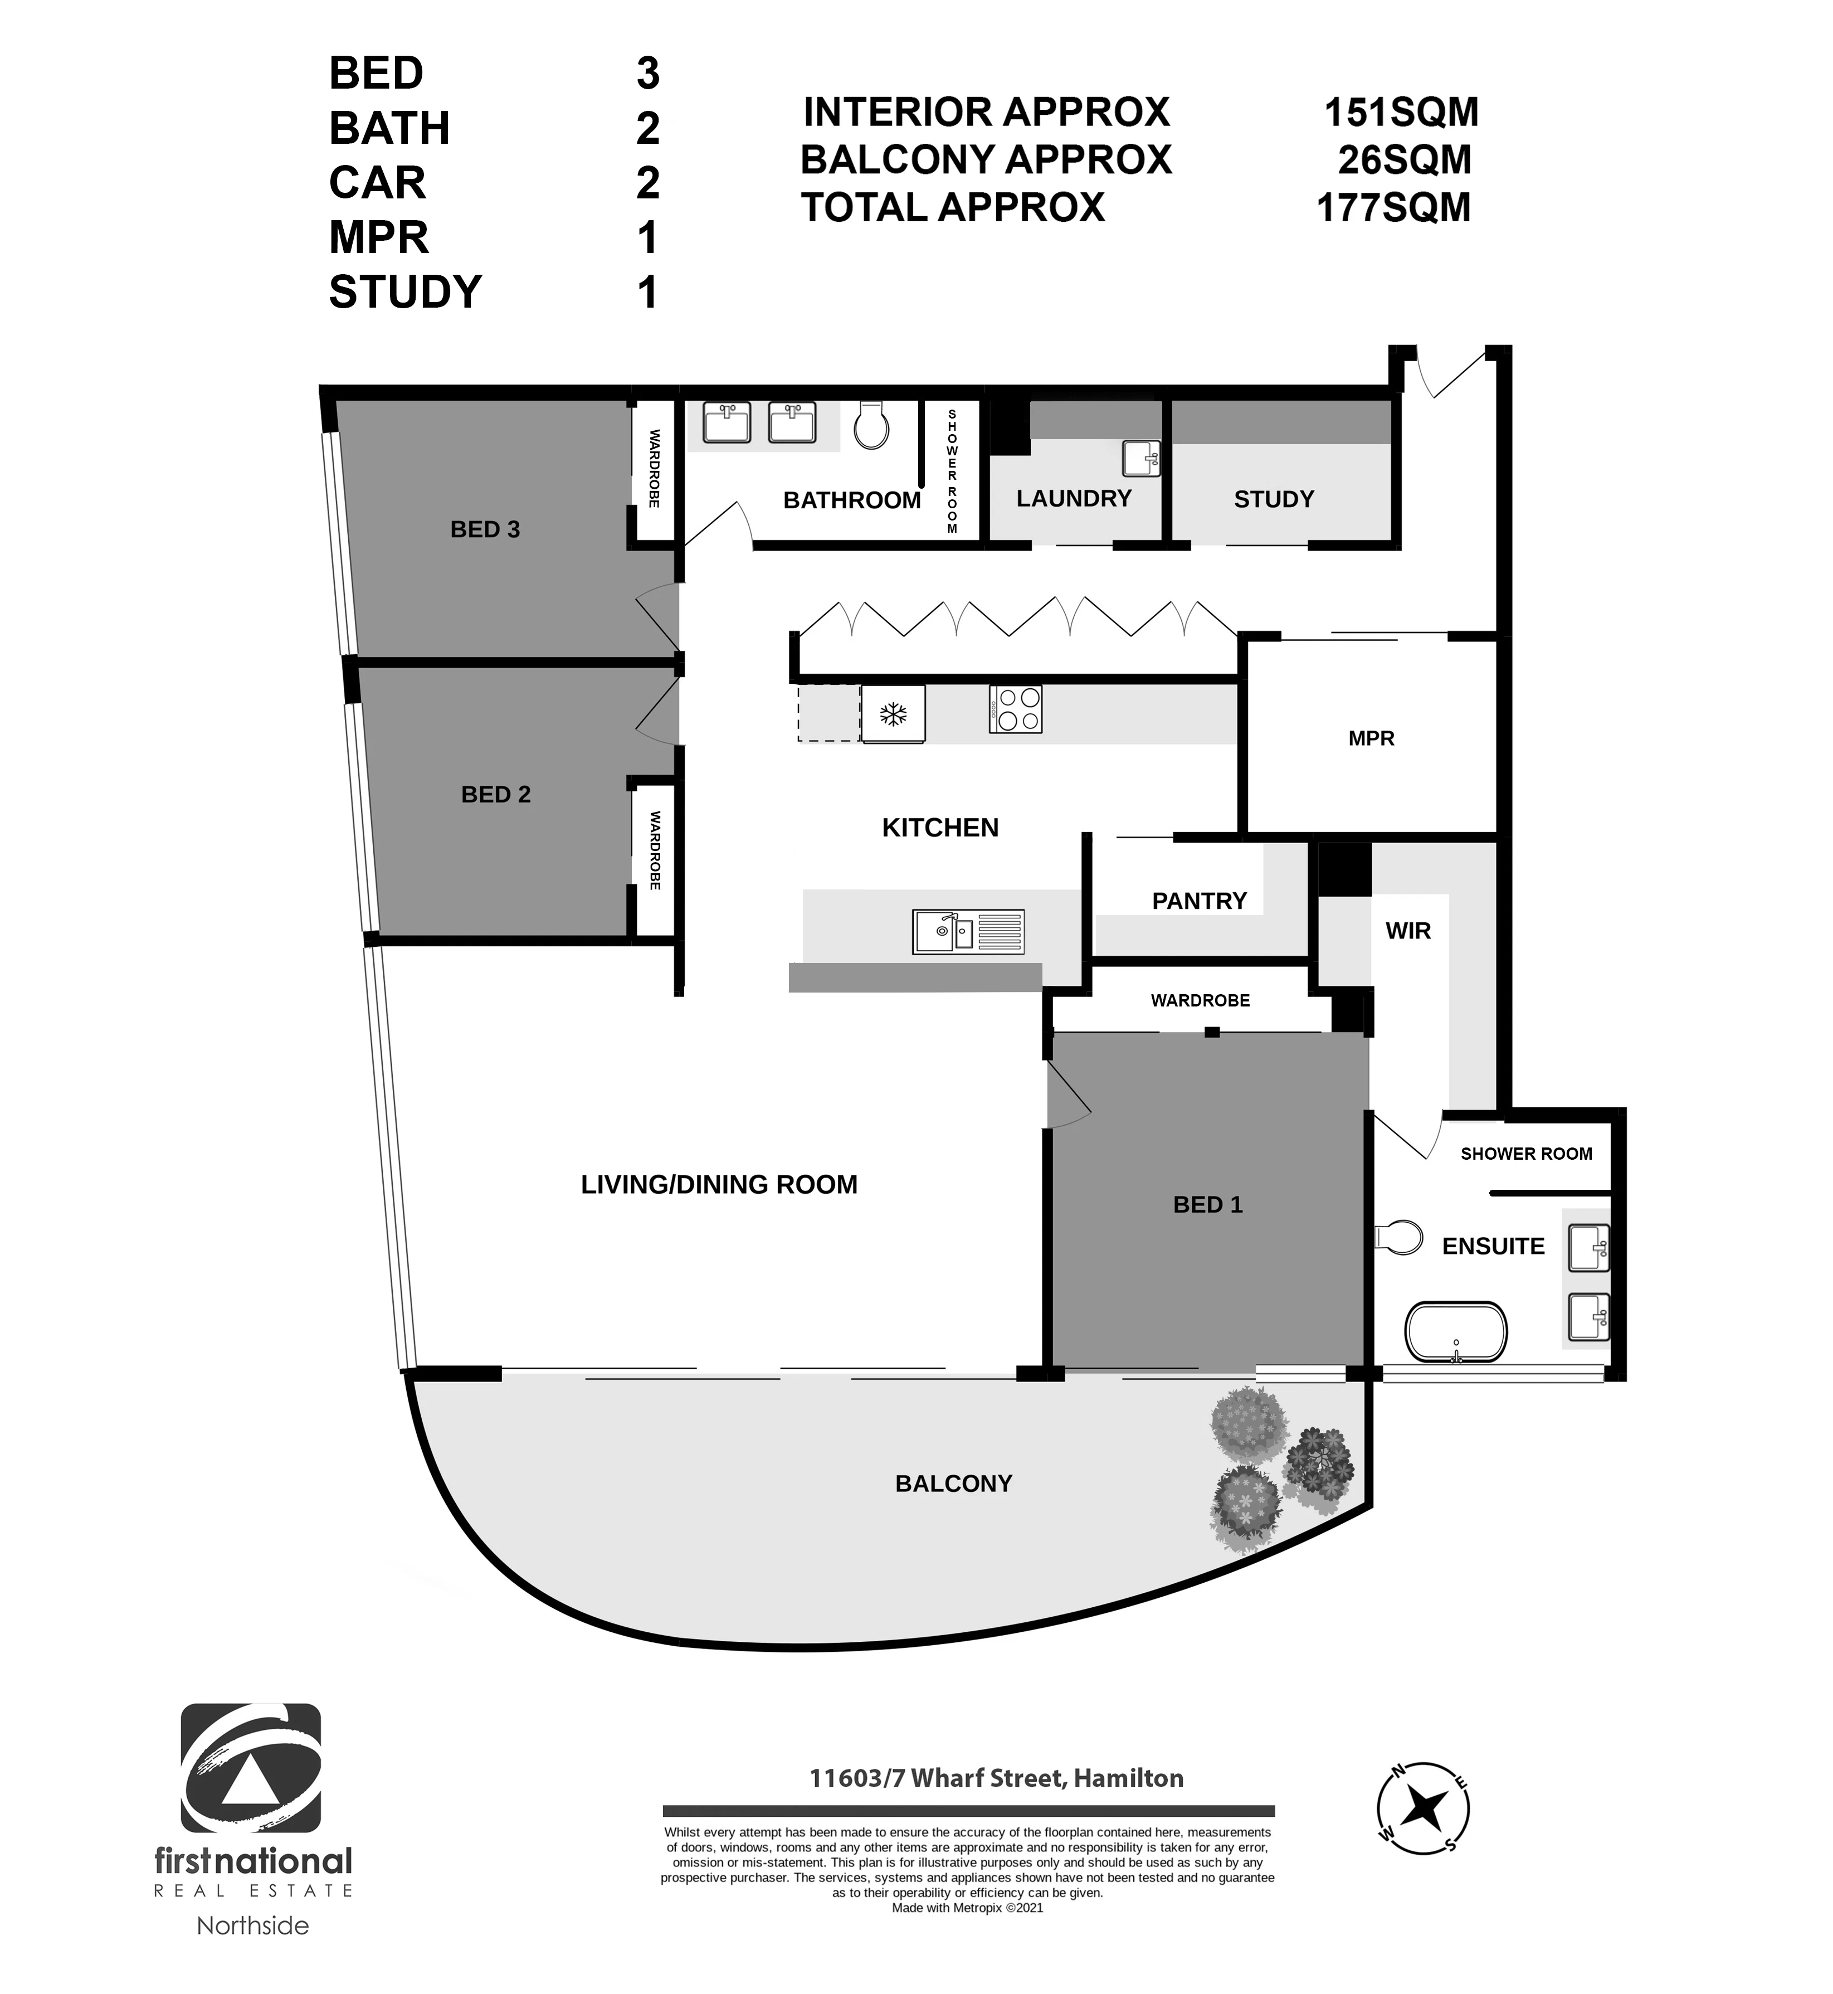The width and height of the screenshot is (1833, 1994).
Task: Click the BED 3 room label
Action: pyautogui.click(x=485, y=530)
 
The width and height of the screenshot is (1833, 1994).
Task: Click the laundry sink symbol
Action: pyautogui.click(x=1140, y=458)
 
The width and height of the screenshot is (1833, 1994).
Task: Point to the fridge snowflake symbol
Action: pyautogui.click(x=893, y=713)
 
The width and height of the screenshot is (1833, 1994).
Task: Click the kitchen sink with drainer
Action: pyautogui.click(x=968, y=932)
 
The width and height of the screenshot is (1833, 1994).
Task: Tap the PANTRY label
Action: pyautogui.click(x=1199, y=901)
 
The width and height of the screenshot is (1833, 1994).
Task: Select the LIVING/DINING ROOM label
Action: pyautogui.click(x=719, y=1184)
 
